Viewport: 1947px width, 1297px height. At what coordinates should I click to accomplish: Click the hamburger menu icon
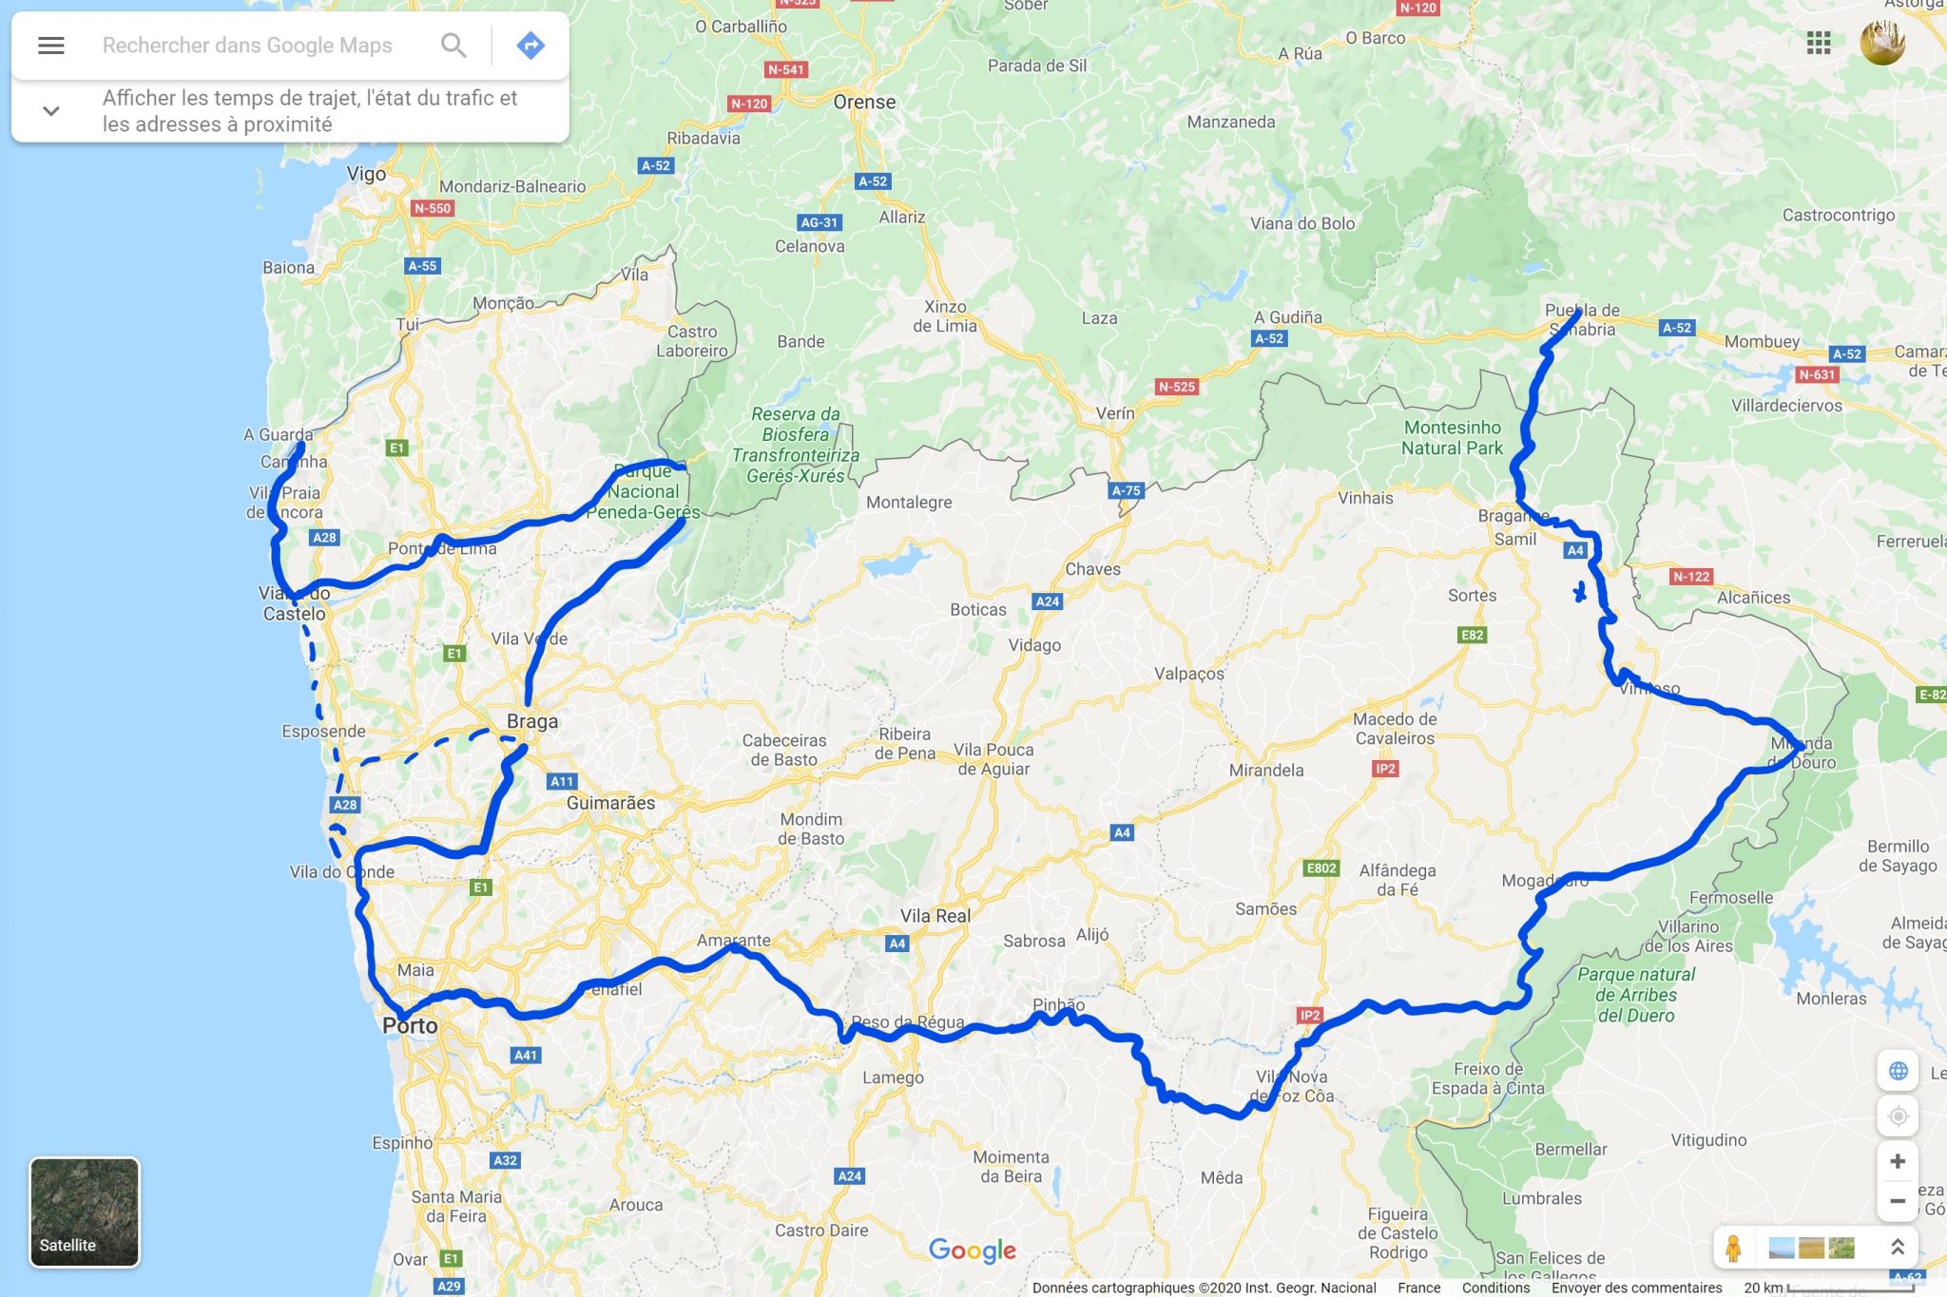click(x=51, y=45)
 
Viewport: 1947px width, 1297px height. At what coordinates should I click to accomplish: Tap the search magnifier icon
click(x=453, y=45)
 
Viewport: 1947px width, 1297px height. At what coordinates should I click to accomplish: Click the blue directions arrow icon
click(x=530, y=45)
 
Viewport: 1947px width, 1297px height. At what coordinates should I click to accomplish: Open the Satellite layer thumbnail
click(x=85, y=1211)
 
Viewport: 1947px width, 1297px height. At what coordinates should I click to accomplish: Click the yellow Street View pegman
click(x=1733, y=1248)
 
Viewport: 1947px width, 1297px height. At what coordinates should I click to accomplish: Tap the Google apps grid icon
click(x=1818, y=43)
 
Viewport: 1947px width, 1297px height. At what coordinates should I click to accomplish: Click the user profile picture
click(x=1881, y=43)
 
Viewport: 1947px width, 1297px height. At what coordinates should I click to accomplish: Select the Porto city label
click(x=410, y=1026)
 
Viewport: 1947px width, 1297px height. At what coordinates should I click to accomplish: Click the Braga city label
click(x=532, y=721)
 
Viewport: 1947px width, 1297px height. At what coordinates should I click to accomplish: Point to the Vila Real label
click(x=935, y=916)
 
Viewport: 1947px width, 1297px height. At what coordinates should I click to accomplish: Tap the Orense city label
click(x=864, y=102)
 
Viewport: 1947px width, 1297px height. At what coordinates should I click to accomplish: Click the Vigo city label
click(x=366, y=174)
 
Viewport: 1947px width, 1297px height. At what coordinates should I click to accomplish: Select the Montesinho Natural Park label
click(x=1452, y=438)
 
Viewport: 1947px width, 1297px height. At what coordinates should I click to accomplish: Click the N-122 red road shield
click(x=1691, y=577)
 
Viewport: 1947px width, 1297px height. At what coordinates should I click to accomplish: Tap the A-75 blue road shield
click(x=1126, y=490)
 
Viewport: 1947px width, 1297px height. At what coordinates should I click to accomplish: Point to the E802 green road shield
click(x=1321, y=868)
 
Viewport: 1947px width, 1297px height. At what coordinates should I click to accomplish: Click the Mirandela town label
click(x=1265, y=770)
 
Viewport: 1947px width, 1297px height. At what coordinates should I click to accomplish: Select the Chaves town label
click(x=1092, y=569)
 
